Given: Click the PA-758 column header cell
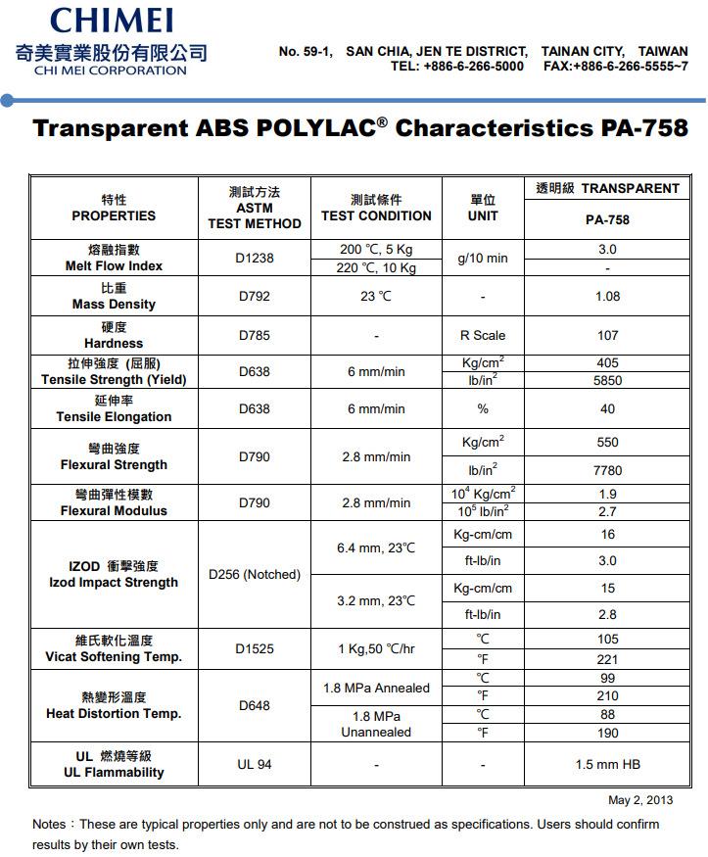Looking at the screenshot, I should point(607,219).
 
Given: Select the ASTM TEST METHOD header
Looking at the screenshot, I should point(255,208).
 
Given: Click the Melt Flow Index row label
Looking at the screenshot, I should point(114,265).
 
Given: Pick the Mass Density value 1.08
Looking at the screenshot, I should point(607,296).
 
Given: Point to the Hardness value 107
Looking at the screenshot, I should point(607,335).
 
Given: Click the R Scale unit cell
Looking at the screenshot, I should point(483,335).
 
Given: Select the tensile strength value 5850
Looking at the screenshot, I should point(607,381).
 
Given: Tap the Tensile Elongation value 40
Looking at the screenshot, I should point(607,408).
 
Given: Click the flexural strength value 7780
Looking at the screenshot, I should point(607,470).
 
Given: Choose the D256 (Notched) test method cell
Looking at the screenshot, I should point(255,574).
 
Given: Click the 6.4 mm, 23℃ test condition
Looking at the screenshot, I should point(376,548).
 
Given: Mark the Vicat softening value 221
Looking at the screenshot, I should point(607,659).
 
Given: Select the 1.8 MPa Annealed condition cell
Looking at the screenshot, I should point(376,688).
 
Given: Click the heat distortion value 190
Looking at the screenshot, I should point(607,733).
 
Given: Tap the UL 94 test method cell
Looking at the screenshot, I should point(255,764).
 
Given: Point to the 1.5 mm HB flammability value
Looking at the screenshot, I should point(607,764).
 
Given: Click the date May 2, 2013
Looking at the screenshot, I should point(640,800).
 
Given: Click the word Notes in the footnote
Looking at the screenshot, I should point(50,825).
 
